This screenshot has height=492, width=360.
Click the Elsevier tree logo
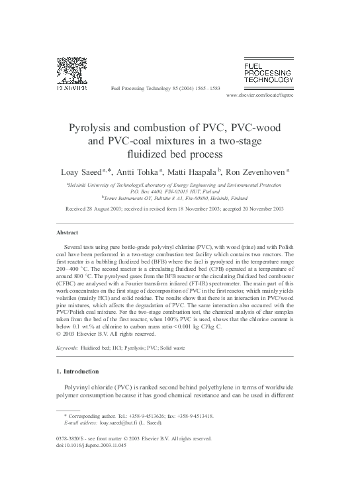pyautogui.click(x=67, y=69)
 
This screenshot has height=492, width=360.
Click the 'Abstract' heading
pyautogui.click(x=67, y=232)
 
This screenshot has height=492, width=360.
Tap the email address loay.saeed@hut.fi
pyautogui.click(x=121, y=422)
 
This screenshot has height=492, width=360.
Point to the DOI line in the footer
pyautogui.click(x=93, y=445)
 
